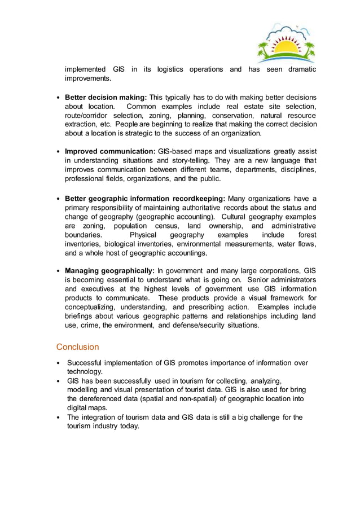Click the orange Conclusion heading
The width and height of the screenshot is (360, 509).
point(77,346)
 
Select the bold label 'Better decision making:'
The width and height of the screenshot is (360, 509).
point(106,97)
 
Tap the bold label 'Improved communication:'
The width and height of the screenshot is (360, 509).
point(110,151)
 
